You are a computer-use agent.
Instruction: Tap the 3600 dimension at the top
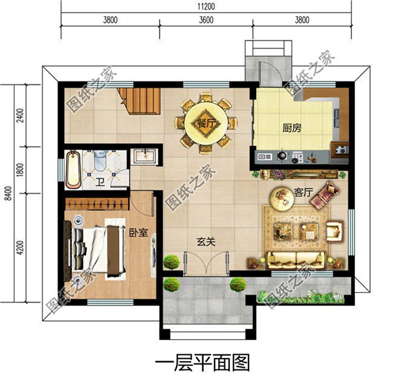pyautogui.click(x=206, y=19)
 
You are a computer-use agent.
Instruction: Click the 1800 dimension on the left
pyautogui.click(x=20, y=170)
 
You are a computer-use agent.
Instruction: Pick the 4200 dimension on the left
pyautogui.click(x=20, y=248)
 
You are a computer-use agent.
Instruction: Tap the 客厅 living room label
pyautogui.click(x=302, y=193)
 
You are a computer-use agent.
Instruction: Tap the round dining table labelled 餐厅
pyautogui.click(x=206, y=123)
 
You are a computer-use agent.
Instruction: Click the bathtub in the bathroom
pyautogui.click(x=73, y=169)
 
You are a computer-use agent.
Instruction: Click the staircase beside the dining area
pyautogui.click(x=140, y=100)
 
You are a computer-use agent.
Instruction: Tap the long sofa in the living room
pyautogui.click(x=296, y=260)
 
